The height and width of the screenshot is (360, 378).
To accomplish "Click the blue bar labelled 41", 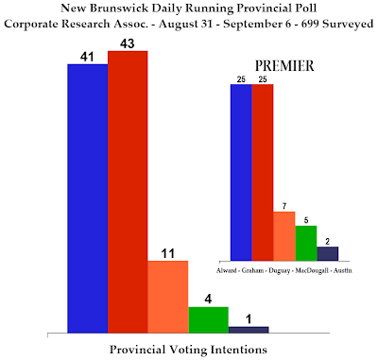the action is pyautogui.click(x=88, y=198).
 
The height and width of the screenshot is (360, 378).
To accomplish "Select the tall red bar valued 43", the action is pyautogui.click(x=128, y=192).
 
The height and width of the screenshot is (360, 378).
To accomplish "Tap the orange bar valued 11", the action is pyautogui.click(x=168, y=297).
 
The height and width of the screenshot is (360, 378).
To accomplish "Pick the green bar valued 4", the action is pyautogui.click(x=209, y=319).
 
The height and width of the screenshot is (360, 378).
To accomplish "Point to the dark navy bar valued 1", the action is pyautogui.click(x=249, y=330).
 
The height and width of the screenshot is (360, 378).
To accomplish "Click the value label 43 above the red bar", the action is pyautogui.click(x=128, y=43).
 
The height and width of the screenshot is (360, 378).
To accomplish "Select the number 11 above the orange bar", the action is pyautogui.click(x=168, y=253).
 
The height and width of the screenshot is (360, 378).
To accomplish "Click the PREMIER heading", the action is pyautogui.click(x=284, y=66).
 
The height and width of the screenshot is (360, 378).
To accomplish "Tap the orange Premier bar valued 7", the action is pyautogui.click(x=284, y=236).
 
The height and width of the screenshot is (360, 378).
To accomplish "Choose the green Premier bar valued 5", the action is pyautogui.click(x=306, y=243).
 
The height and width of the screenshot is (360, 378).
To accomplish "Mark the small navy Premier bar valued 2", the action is pyautogui.click(x=328, y=253).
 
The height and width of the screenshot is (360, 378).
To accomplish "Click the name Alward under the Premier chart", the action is pyautogui.click(x=227, y=270).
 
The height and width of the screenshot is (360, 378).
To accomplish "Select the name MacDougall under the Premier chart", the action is pyautogui.click(x=312, y=271).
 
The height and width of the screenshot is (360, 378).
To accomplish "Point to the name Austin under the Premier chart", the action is pyautogui.click(x=343, y=270).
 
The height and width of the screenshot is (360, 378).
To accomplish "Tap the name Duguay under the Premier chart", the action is pyautogui.click(x=280, y=271).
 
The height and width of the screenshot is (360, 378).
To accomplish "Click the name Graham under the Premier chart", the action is pyautogui.click(x=252, y=270).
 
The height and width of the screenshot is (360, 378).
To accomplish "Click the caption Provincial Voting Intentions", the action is pyautogui.click(x=188, y=350).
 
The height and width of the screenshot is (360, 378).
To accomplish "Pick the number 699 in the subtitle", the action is pyautogui.click(x=310, y=24).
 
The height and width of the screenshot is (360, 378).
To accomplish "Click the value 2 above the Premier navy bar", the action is pyautogui.click(x=328, y=242).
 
